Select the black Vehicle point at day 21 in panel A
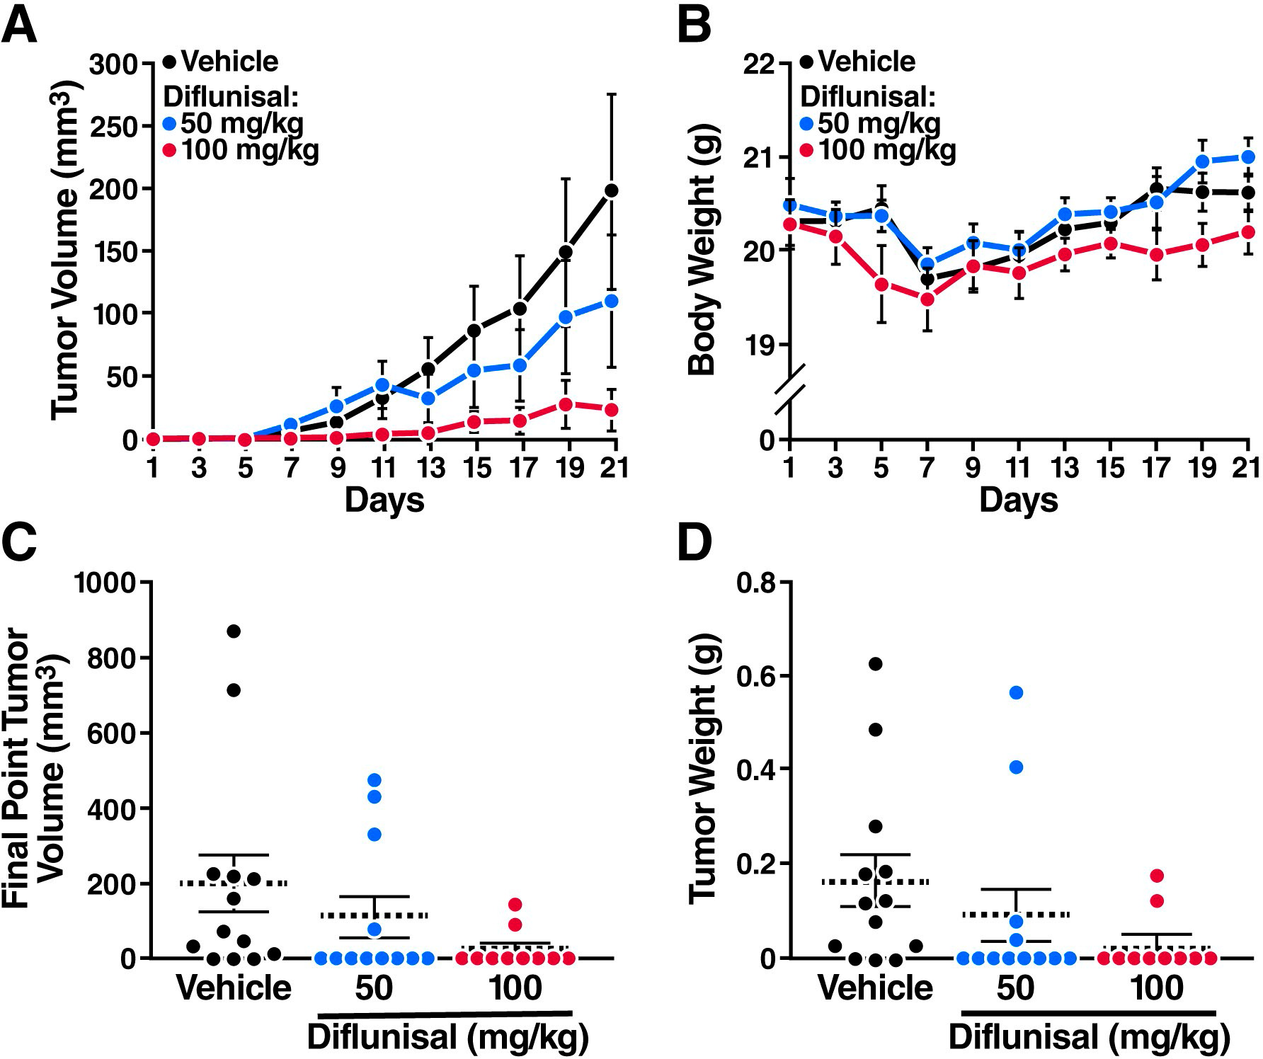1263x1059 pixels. pos(612,190)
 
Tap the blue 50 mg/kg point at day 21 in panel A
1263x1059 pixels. pos(612,301)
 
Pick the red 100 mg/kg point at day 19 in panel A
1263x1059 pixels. pos(566,404)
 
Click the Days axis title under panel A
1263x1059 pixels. pos(384,500)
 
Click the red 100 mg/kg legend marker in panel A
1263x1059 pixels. pos(169,151)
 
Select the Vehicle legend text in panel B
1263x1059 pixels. pos(867,62)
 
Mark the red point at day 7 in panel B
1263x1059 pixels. pos(927,299)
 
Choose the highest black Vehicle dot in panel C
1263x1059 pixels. pos(234,631)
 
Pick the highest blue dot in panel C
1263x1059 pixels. pos(375,780)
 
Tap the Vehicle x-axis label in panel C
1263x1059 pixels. pos(234,988)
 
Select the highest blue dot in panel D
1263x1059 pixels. pos(1016,692)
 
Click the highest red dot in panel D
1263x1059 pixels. pos(1157,876)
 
